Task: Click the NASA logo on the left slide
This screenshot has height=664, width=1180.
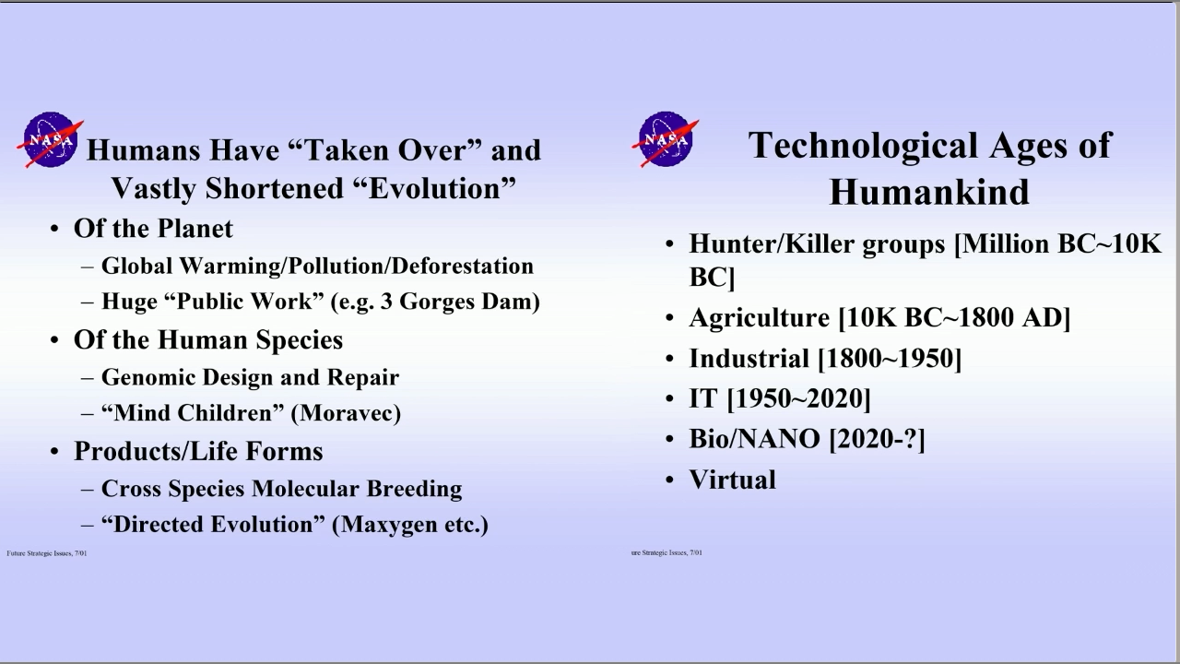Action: click(x=50, y=139)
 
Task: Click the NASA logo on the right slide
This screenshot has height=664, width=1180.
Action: click(x=666, y=139)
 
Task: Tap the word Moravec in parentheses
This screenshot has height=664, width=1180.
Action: click(x=346, y=413)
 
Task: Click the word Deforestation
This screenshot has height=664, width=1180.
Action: click(x=463, y=266)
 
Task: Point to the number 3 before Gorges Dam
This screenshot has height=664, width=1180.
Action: click(x=386, y=302)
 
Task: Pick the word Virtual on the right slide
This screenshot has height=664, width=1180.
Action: click(x=732, y=480)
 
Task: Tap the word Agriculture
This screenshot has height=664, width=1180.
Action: click(x=759, y=318)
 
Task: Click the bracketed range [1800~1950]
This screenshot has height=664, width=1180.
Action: click(x=890, y=359)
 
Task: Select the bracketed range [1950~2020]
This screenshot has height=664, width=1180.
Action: click(x=798, y=398)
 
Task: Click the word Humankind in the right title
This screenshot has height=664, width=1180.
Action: click(x=929, y=191)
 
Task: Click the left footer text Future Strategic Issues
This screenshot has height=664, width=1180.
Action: click(x=40, y=553)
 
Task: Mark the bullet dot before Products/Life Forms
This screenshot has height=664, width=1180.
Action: click(x=54, y=452)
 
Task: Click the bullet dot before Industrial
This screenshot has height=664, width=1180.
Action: click(x=669, y=359)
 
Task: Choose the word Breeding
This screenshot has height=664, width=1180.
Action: click(x=414, y=489)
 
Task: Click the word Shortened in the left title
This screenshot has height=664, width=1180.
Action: click(x=274, y=188)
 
